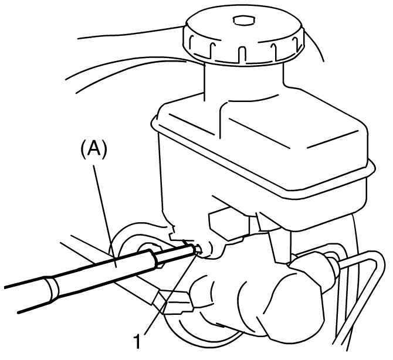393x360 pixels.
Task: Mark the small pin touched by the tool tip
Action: click(199, 249)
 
